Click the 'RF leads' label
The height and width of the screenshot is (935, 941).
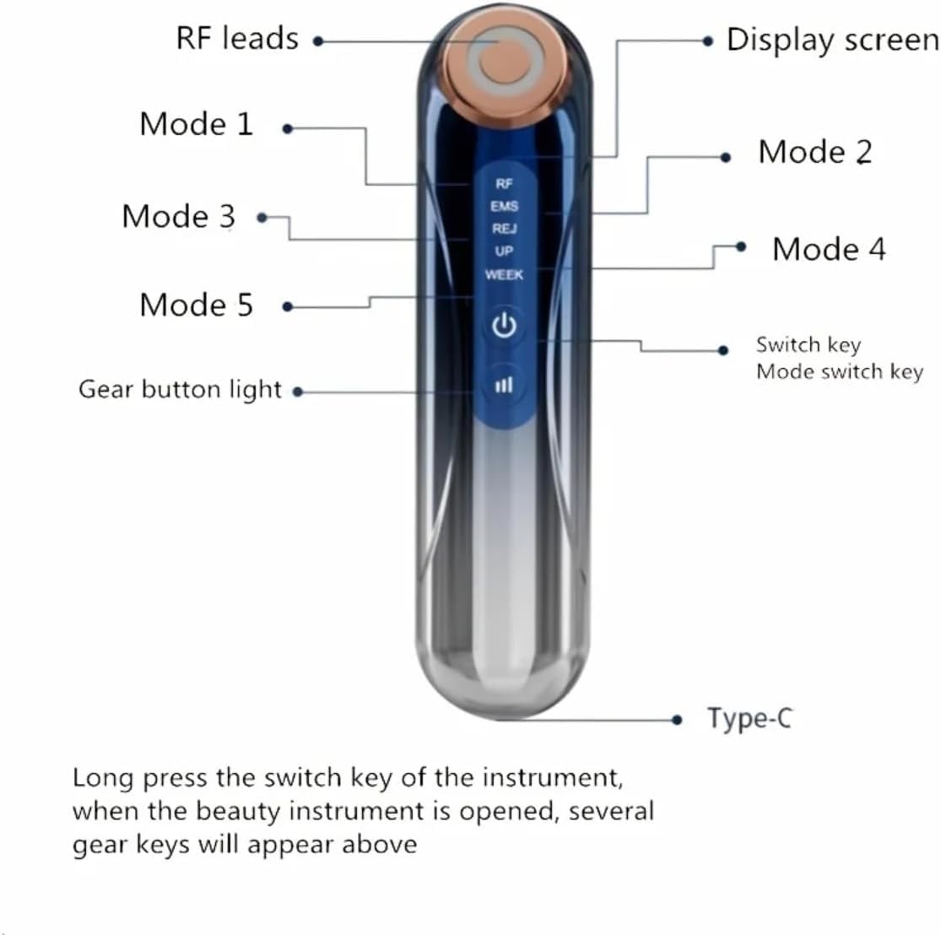coord(237,39)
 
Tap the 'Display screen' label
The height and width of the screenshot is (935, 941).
coord(831,41)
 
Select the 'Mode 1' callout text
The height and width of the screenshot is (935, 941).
coord(196,124)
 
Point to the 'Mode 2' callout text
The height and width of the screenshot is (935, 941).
coord(814,152)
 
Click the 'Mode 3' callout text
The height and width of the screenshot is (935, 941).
coord(178,216)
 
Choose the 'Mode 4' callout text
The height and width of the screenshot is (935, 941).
coord(829,249)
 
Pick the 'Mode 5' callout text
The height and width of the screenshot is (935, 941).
coord(196,305)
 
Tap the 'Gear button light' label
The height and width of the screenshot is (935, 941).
coord(180,389)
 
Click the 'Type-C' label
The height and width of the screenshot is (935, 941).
coord(749,718)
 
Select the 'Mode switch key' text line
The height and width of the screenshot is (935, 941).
coord(839,372)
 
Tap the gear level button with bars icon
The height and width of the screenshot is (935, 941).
coord(504,385)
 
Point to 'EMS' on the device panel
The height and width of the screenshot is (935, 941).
coord(504,206)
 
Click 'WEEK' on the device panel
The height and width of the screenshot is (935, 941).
coord(504,274)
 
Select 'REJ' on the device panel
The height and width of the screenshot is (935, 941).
coord(504,229)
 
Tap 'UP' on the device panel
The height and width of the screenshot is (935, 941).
coord(504,251)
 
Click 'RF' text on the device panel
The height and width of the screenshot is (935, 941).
coord(504,183)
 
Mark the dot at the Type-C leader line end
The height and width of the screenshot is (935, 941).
coord(677,719)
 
